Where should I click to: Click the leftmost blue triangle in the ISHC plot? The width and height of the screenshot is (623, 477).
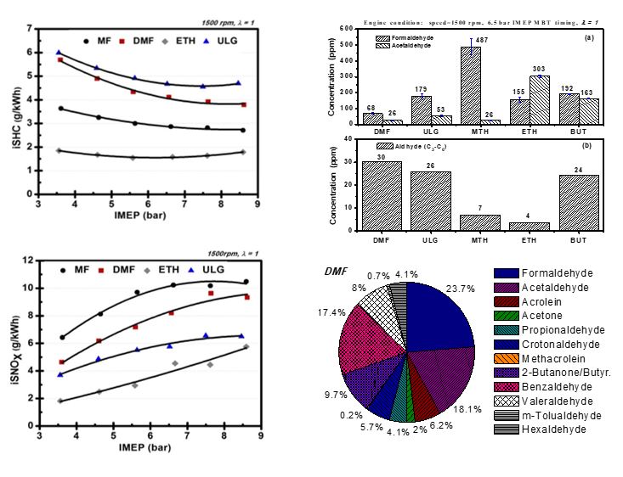click(x=59, y=52)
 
